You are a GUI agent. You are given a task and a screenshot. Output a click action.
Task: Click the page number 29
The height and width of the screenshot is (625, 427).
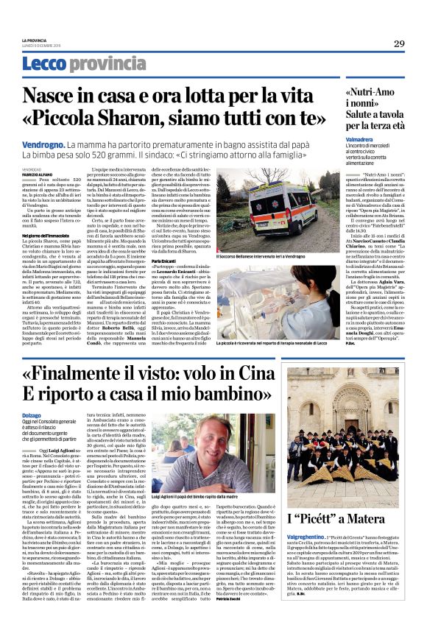click(398, 43)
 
